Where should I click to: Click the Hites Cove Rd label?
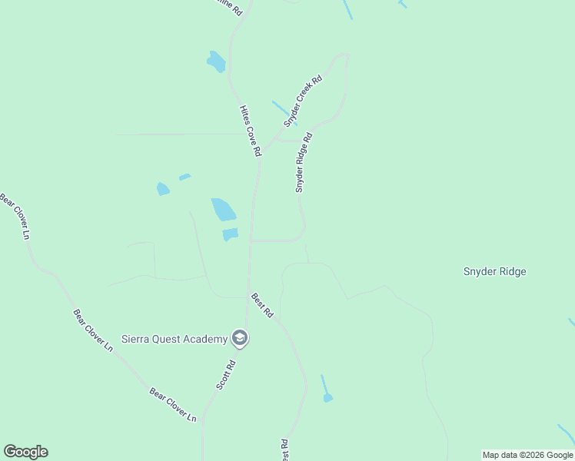pos(251,131)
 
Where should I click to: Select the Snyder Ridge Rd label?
pos(304,163)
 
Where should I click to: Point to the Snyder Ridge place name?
pos(494,271)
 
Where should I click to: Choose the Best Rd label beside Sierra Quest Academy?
pos(262,305)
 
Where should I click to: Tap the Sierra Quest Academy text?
pos(175,339)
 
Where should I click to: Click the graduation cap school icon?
pos(240,339)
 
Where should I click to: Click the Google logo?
pos(25,452)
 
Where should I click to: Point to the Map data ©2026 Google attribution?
pos(527,455)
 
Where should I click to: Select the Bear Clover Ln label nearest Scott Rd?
pos(173,404)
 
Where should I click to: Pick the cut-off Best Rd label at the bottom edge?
pos(284,450)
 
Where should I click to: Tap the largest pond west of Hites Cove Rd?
pos(223,209)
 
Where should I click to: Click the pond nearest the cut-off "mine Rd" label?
pos(216,61)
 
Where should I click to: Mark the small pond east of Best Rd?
pos(328,397)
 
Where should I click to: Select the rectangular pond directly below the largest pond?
pos(230,234)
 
